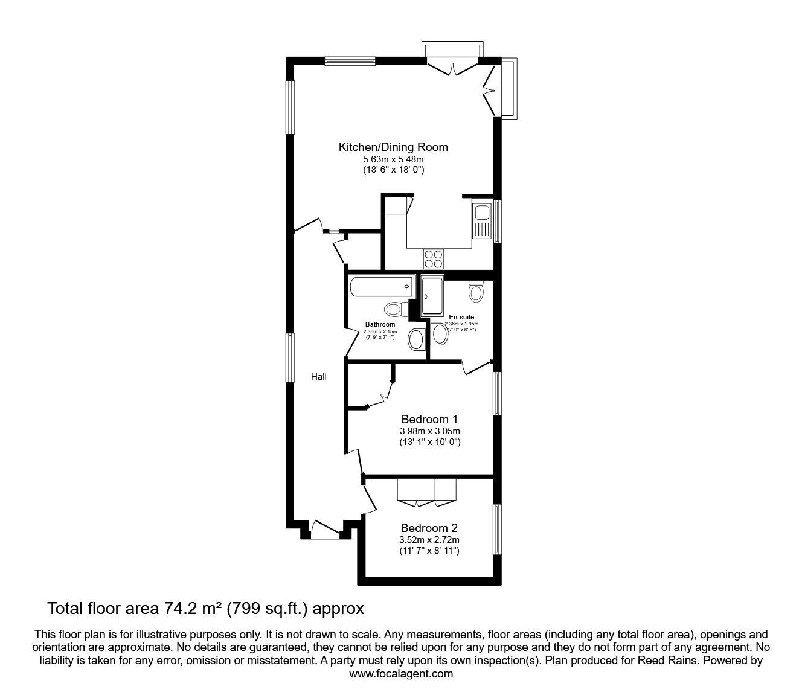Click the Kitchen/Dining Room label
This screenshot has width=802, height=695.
coord(393,147)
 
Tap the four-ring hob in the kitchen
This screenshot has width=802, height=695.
coord(433,258)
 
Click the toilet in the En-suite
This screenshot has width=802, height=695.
coord(476,292)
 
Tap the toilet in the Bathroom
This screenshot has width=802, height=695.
coord(394,310)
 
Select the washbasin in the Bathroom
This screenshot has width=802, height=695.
coord(416,340)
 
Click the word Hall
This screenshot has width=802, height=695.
coord(319,377)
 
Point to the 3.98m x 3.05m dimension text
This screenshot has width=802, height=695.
coord(429,431)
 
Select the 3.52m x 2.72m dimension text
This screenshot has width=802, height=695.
coord(429,540)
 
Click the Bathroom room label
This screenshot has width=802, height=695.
coord(380,324)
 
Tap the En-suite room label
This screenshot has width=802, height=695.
coord(461,317)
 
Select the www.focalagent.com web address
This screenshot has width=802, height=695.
coord(401,674)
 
